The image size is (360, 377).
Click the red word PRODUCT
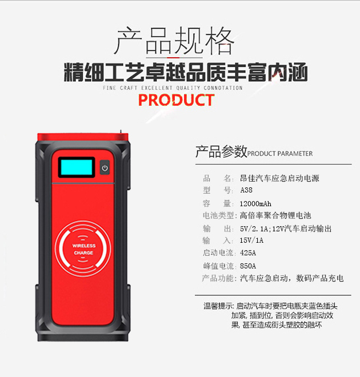pos(176,101)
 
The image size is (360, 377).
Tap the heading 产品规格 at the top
pos(174,41)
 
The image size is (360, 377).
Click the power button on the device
pos(104,168)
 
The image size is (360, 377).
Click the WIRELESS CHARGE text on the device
pos(83,249)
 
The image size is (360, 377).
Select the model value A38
pos(246,190)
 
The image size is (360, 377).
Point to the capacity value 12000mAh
pos(255,203)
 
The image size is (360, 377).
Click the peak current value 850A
pos(249,266)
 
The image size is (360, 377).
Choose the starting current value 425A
pos(249,252)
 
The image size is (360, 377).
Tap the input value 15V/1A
pos(253,240)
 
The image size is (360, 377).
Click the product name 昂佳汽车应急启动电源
pos(279,178)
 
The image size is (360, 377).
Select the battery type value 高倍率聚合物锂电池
pos(275,216)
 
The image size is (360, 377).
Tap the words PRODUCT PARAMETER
pos(280,154)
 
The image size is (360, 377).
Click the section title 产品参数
pos(221,152)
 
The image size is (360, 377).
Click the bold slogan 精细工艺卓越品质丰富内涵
pos(186,74)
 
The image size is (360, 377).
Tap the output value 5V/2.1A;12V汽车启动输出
pos(286,228)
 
